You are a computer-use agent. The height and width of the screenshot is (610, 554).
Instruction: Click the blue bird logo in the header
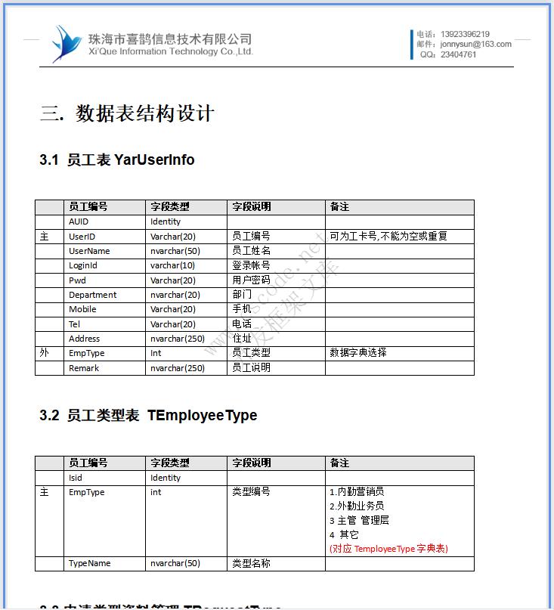click(x=66, y=42)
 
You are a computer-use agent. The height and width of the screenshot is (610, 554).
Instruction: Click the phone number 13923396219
click(x=464, y=34)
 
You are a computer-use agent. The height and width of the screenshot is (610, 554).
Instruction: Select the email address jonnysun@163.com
click(x=475, y=44)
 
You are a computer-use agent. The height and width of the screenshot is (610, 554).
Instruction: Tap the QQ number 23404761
click(x=458, y=54)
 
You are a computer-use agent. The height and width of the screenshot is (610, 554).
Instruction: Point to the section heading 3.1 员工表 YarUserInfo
click(x=117, y=159)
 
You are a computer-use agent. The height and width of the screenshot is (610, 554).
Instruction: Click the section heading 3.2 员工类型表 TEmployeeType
click(x=148, y=415)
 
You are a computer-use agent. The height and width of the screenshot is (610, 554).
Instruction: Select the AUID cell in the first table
click(x=79, y=221)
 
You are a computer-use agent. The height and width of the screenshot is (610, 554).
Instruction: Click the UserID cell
click(x=82, y=237)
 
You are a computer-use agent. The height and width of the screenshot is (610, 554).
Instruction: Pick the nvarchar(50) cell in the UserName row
click(x=175, y=251)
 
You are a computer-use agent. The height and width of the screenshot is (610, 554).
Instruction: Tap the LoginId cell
click(x=83, y=265)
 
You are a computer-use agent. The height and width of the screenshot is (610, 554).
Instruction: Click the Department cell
click(x=92, y=295)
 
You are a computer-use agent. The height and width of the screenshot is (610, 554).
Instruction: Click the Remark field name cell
click(x=84, y=368)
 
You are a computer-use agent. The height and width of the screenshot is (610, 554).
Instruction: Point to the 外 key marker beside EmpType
click(x=44, y=353)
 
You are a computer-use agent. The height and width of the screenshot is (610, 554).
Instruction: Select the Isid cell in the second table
click(x=76, y=478)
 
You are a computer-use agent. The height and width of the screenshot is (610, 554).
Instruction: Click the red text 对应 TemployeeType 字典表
click(x=388, y=549)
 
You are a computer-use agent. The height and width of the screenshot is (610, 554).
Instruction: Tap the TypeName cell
click(x=89, y=563)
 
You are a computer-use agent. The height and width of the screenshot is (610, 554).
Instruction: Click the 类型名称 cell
click(x=251, y=563)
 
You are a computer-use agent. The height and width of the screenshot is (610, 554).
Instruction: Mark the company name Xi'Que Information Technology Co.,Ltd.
click(x=171, y=51)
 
